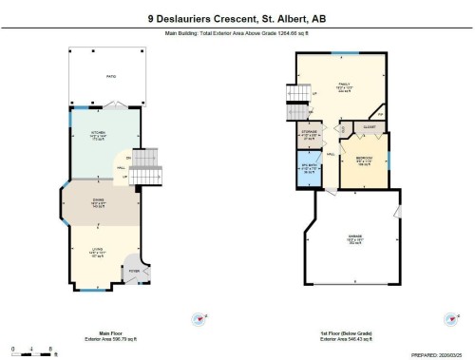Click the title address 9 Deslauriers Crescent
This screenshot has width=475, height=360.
[x=237, y=17]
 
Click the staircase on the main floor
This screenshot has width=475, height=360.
[x=142, y=174]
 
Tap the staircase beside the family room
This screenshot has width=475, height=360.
[x=292, y=99]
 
